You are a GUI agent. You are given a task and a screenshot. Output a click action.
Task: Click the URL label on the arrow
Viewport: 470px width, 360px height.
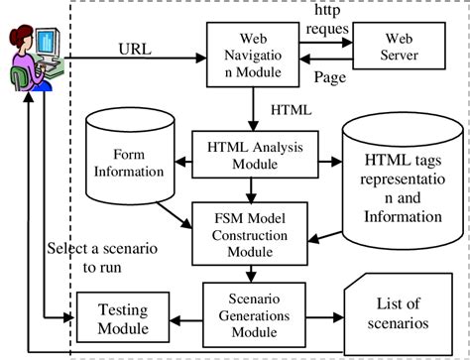pyautogui.click(x=135, y=47)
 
